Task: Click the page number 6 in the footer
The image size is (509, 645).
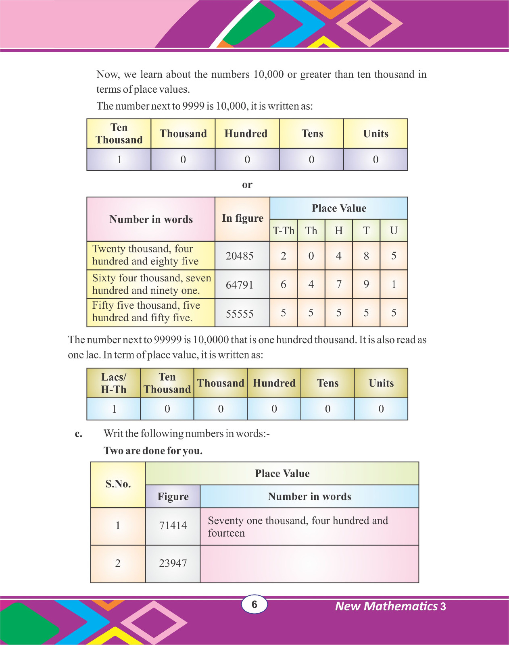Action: coord(254,604)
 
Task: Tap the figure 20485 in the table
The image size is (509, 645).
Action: coord(240,256)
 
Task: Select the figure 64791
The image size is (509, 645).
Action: coord(240,285)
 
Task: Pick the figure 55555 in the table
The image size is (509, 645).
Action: coord(240,314)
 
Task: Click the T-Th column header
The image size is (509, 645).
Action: coord(284,231)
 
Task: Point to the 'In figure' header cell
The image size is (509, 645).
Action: coord(242,218)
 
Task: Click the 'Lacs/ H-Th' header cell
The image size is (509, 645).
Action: coord(114,383)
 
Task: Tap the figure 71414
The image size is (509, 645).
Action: coord(173,526)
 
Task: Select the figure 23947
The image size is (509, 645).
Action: coord(173,563)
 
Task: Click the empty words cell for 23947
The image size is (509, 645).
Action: coord(309,564)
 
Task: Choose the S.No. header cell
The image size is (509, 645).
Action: coord(118,484)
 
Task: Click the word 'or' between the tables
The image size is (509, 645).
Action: coord(247,185)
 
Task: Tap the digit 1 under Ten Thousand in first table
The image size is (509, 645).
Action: coord(119,160)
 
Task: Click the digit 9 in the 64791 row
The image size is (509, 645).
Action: coord(366,285)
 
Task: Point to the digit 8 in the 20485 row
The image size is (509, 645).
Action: coord(366,256)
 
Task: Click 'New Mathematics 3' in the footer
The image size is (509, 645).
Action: coord(390,606)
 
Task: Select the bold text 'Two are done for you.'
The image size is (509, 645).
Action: coord(153,451)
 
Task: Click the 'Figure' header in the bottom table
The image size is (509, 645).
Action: coord(173,497)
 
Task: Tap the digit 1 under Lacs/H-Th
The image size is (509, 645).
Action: coord(114,409)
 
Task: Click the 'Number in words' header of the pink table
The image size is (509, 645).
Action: coord(151,219)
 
